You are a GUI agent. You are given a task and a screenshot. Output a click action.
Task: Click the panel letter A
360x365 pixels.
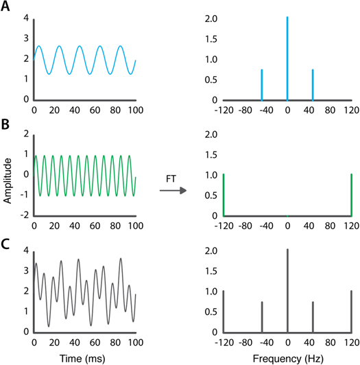click(x=5, y=6)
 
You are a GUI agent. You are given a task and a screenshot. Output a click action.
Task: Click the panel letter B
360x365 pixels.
click(x=5, y=124)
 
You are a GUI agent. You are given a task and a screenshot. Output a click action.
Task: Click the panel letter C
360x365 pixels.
click(x=5, y=244)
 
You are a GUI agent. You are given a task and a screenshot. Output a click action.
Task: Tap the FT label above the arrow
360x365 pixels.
click(x=171, y=179)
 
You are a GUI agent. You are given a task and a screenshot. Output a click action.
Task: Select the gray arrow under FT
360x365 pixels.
click(x=173, y=191)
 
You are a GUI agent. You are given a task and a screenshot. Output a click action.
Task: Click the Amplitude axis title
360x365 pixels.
click(x=8, y=181)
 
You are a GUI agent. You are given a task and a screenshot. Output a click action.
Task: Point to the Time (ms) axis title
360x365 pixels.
click(x=82, y=359)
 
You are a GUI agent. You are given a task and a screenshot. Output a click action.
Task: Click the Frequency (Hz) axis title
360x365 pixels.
click(x=288, y=359)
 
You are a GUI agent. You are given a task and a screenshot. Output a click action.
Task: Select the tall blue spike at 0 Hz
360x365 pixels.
click(x=287, y=58)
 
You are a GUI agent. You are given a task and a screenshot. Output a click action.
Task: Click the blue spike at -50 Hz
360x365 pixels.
click(x=262, y=85)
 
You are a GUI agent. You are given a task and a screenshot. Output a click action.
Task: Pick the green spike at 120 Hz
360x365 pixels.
click(x=351, y=195)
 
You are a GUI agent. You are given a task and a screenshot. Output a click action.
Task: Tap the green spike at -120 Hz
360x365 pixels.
click(x=224, y=195)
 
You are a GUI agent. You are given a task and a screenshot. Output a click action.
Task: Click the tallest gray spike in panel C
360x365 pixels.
click(x=287, y=291)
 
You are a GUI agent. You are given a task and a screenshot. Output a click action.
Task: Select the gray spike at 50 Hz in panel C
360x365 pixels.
click(x=313, y=317)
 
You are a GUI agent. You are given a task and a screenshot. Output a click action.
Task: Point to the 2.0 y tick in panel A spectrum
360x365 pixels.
click(x=211, y=19)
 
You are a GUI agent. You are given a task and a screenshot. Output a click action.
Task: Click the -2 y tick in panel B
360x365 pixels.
click(x=25, y=215)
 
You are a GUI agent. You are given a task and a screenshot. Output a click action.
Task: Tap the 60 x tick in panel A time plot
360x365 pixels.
click(x=95, y=110)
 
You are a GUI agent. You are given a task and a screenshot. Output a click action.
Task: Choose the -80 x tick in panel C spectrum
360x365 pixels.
click(x=245, y=342)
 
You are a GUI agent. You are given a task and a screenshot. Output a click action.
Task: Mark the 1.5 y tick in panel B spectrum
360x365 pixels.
click(x=211, y=155)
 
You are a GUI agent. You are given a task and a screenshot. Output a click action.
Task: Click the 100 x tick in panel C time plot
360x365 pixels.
click(x=136, y=342)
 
